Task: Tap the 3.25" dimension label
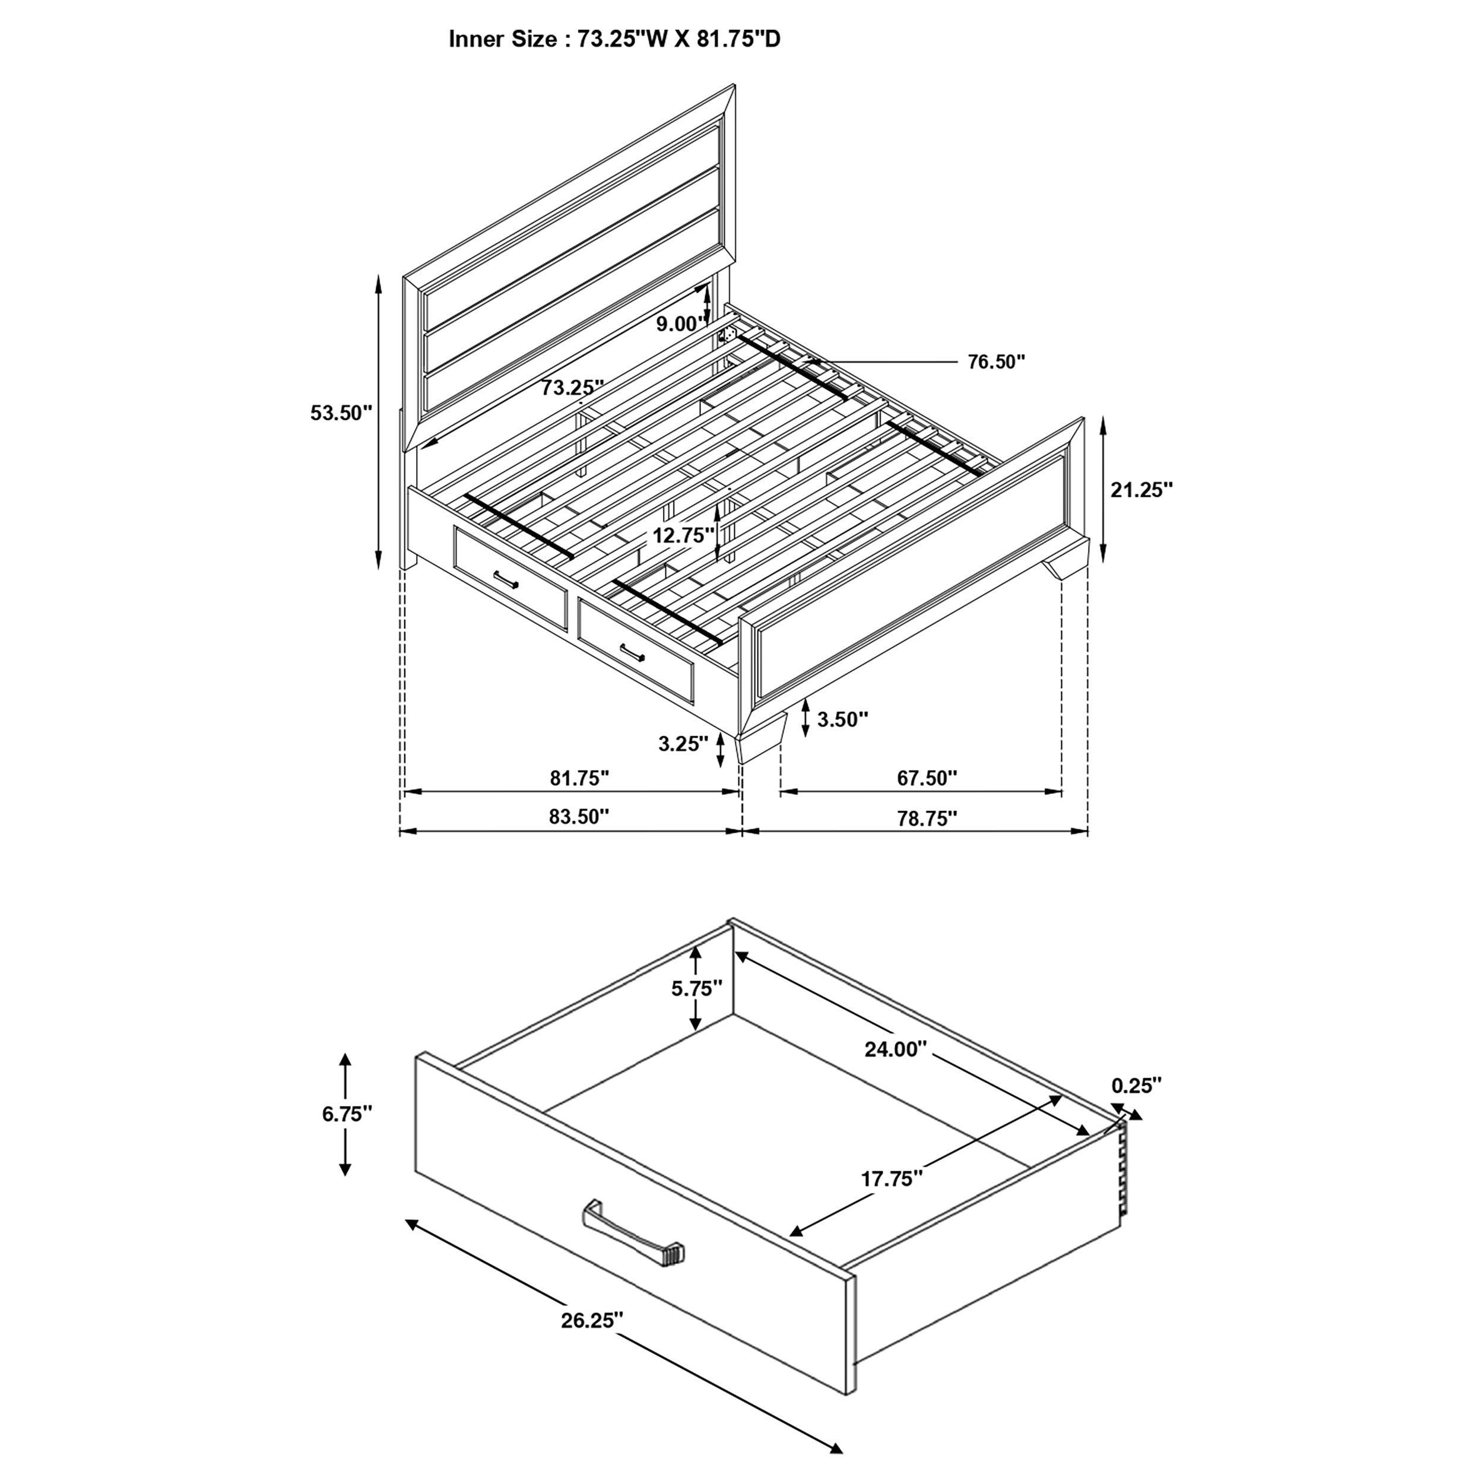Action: coord(683,744)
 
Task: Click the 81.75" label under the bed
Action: coord(579,778)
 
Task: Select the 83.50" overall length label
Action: coord(579,817)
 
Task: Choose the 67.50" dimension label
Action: coord(927,778)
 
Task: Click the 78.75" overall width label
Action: coord(927,818)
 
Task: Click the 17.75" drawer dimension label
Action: coord(891,1179)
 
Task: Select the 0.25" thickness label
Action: coord(1136,1085)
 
